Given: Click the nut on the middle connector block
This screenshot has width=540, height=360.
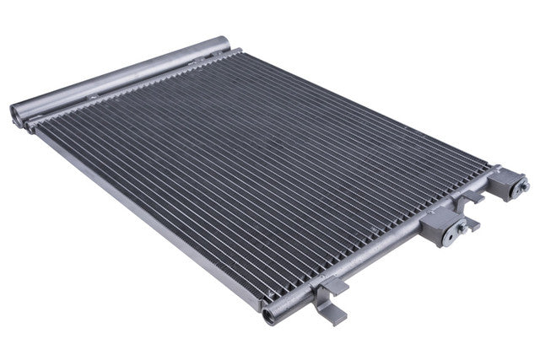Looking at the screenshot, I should coord(461,224).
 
